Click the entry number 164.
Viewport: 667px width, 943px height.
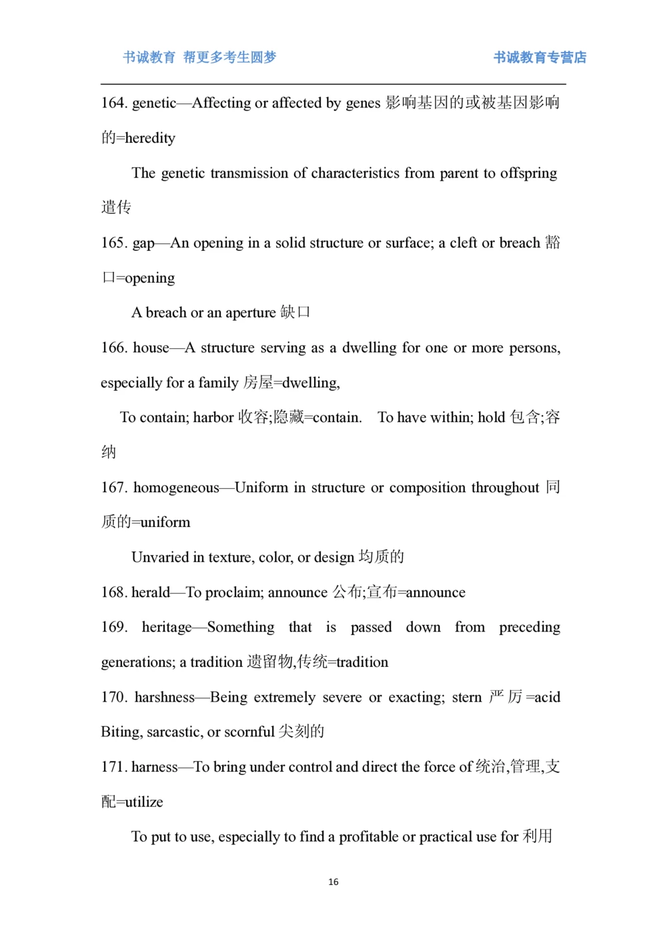113,103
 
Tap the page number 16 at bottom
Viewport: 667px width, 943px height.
333,882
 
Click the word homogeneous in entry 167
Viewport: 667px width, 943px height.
176,488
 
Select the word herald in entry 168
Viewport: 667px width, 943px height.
151,592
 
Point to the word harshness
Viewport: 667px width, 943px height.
165,698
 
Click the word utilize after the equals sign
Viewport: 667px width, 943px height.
144,802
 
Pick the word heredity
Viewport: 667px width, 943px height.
150,138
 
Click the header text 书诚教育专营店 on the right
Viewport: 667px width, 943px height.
540,57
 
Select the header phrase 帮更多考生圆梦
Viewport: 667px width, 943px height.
229,57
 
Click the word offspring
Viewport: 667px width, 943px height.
528,173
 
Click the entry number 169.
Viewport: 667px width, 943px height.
113,628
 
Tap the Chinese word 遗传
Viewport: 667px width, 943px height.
116,207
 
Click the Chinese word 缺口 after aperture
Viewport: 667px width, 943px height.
295,312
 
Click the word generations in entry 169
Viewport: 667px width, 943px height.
138,662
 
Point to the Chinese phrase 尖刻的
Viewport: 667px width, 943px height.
301,732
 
